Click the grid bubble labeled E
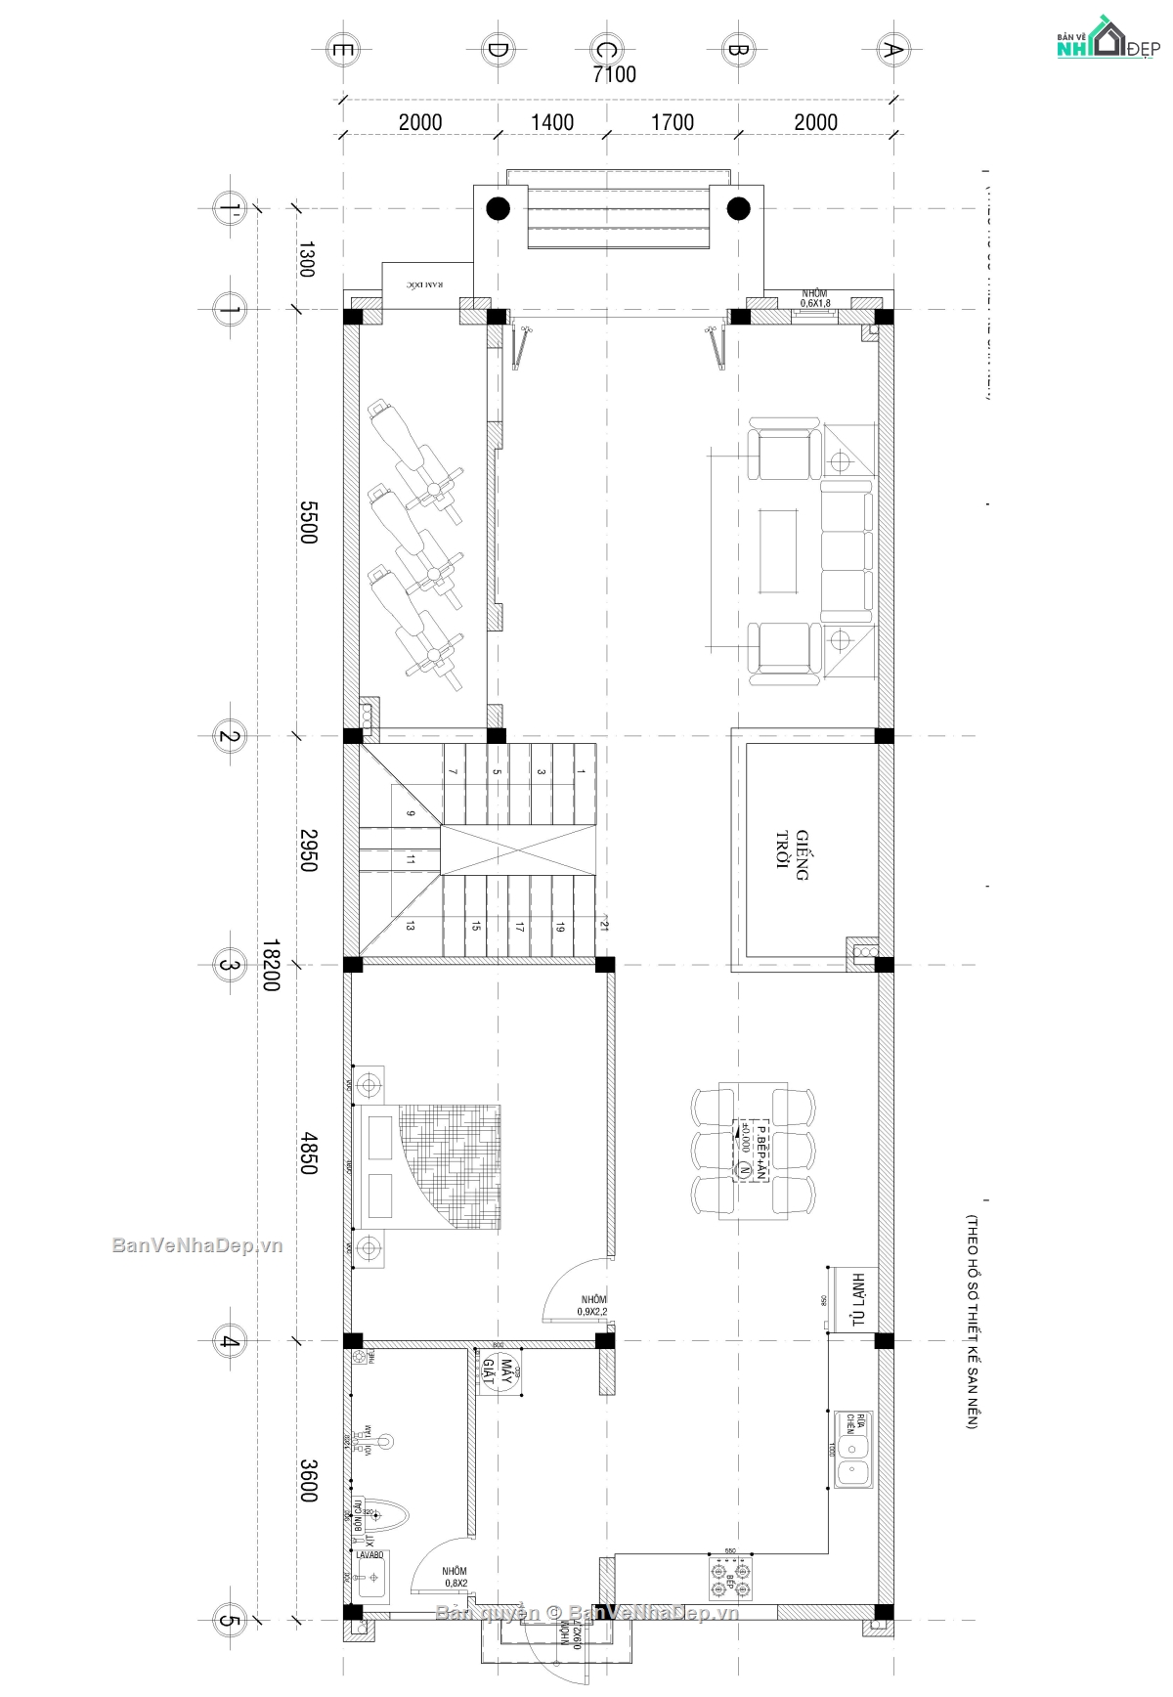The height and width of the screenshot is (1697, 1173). (343, 49)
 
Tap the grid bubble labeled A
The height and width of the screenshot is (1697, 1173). (891, 50)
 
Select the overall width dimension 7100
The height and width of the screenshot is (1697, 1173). (615, 74)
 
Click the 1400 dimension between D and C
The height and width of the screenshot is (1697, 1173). (552, 122)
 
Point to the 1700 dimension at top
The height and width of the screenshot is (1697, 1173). (673, 122)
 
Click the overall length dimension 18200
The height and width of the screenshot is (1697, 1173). (271, 966)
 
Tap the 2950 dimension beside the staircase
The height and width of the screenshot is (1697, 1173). (308, 850)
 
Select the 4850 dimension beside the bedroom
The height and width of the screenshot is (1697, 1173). (308, 1153)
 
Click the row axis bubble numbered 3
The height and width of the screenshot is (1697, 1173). (229, 965)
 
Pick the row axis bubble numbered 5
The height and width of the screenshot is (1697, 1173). (229, 1620)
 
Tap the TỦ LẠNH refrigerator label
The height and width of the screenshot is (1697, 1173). (858, 1299)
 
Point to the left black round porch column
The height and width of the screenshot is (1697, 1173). (498, 207)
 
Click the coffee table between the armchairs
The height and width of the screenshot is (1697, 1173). (778, 550)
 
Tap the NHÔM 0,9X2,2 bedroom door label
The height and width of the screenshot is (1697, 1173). (592, 1305)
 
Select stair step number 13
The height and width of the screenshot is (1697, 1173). (410, 926)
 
